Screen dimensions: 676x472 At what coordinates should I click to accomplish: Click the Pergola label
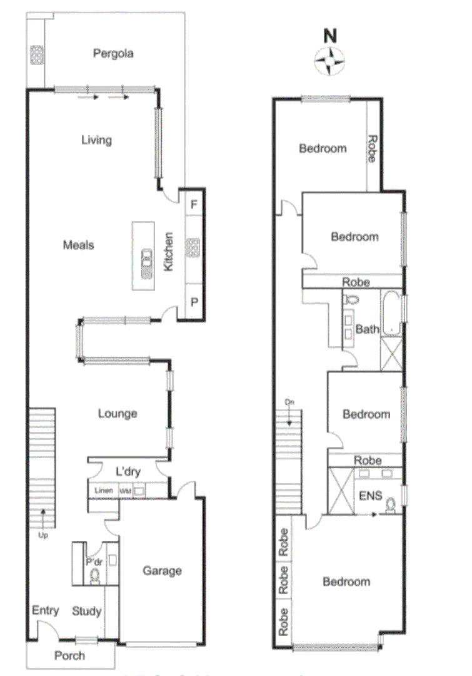point(113,53)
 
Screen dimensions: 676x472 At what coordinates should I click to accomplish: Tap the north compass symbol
point(329,61)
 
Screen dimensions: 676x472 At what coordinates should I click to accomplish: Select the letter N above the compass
point(329,36)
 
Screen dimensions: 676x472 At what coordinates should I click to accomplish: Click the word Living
point(96,140)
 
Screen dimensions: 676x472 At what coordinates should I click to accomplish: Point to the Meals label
point(78,245)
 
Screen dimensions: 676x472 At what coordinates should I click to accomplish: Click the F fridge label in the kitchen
point(194,205)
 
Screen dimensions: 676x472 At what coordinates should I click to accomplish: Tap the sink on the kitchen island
point(147,264)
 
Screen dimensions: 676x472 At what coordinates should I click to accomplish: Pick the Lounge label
point(117,414)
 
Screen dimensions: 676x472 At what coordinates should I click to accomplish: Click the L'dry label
point(128,470)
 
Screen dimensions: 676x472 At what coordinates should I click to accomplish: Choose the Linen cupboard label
point(104,490)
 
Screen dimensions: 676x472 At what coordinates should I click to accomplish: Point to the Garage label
point(162,570)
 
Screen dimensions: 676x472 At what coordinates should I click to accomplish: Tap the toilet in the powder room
point(94,576)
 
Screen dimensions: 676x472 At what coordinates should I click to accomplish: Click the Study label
point(86,611)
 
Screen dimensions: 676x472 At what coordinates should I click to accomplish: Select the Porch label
point(69,655)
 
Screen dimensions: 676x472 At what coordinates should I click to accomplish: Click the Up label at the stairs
point(42,535)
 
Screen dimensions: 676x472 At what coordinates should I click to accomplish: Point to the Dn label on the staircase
point(289,401)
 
